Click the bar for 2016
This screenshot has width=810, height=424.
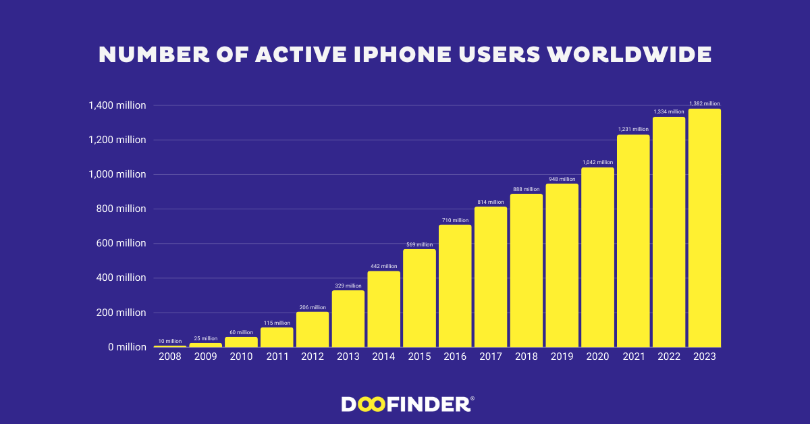click(x=455, y=286)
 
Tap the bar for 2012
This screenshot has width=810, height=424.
click(x=313, y=329)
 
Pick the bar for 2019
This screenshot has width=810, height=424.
click(x=562, y=265)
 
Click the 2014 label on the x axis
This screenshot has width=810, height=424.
click(x=384, y=356)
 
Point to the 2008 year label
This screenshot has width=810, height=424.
click(x=170, y=356)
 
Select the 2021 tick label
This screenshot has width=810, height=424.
click(x=633, y=356)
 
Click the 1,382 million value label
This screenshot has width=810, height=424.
click(x=704, y=103)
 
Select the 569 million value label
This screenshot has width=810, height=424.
click(x=419, y=244)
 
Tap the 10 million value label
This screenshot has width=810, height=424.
click(x=170, y=340)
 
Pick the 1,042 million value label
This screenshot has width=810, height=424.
click(x=597, y=162)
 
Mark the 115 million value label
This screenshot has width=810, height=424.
click(x=277, y=323)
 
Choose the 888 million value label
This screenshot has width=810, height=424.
click(x=526, y=189)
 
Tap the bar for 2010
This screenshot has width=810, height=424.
click(x=241, y=342)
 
